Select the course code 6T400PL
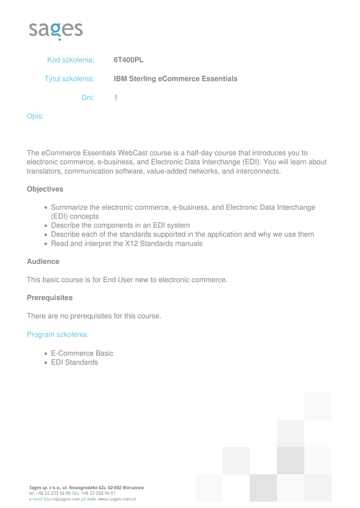(128, 60)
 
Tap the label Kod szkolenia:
(71, 60)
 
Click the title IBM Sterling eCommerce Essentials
(175, 79)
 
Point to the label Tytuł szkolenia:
(70, 79)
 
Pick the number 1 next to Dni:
(116, 98)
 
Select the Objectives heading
(45, 189)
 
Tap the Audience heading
(43, 261)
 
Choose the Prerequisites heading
(49, 298)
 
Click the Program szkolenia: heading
(58, 334)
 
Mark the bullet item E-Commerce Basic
(82, 353)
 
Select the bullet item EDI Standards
(74, 362)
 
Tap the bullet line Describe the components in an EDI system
(120, 225)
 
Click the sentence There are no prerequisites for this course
(94, 316)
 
